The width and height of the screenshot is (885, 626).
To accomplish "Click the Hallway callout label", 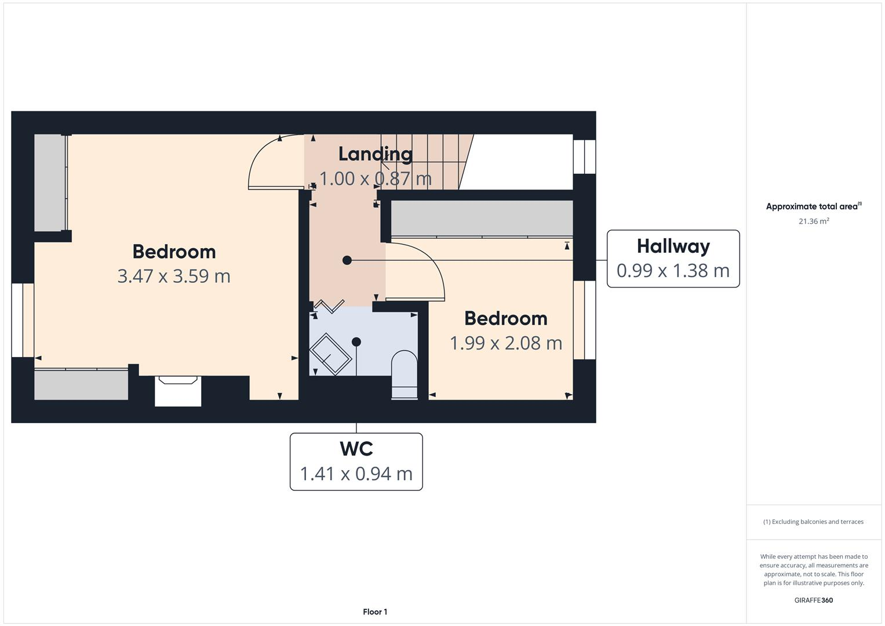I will coord(673,247).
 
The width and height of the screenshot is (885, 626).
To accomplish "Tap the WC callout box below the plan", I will coord(356,461).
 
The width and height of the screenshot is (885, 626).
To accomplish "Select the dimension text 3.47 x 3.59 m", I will coord(174,276).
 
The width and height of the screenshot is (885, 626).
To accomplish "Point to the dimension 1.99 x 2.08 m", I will coord(506,343).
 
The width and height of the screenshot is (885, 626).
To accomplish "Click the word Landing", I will coord(375,154).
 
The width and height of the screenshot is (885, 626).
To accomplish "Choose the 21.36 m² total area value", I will coord(814,221).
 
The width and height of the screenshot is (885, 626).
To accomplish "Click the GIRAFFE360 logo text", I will coord(813,600).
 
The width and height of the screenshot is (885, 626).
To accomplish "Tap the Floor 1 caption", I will coord(375,612).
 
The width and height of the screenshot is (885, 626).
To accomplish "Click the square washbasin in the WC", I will coord(330,354).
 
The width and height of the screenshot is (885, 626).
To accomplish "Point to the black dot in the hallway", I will coord(347,260).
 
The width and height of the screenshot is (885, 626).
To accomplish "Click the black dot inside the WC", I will coord(356,342).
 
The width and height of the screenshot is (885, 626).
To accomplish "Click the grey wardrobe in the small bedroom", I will coord(482,219).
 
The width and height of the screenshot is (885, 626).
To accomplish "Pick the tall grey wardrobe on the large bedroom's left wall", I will coord(50,183).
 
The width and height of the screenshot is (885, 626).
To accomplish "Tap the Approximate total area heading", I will coord(813,206).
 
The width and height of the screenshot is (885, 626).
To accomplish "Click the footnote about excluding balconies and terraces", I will coord(813,522).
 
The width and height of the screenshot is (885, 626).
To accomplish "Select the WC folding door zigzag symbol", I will coord(329,306).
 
